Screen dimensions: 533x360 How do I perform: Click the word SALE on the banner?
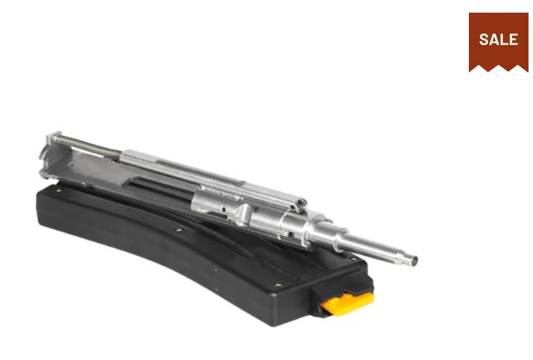click(x=498, y=40)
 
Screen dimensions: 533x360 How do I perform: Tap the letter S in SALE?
click(x=484, y=40)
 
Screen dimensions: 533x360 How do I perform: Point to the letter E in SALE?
click(x=514, y=40)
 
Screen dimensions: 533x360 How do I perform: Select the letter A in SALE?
click(x=494, y=40)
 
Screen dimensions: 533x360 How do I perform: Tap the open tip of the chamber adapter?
click(x=414, y=261)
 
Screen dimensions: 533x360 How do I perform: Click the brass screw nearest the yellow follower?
click(x=279, y=285)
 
